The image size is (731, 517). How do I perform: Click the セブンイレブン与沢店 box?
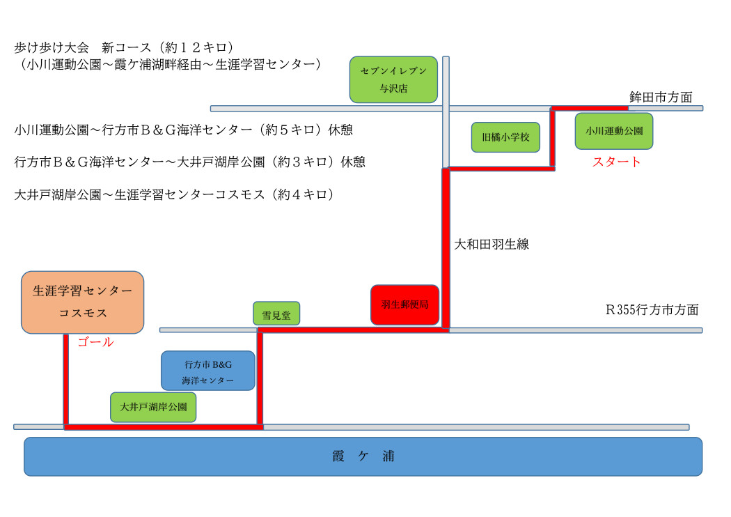[393, 79]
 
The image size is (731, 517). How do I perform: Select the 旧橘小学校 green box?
[505, 137]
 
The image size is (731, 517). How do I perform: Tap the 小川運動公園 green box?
[613, 130]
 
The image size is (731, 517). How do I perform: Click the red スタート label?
[616, 162]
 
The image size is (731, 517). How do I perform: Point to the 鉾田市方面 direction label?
[661, 97]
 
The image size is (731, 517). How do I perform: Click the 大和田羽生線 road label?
[492, 244]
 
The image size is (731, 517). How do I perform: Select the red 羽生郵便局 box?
[404, 304]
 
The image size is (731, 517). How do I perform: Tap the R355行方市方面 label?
[652, 309]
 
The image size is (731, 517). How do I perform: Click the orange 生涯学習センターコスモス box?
[82, 302]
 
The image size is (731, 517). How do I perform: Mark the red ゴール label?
[95, 342]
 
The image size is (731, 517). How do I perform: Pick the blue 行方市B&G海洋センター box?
[207, 371]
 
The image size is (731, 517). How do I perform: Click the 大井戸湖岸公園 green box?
[153, 407]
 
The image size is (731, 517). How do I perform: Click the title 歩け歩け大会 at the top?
[52, 47]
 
